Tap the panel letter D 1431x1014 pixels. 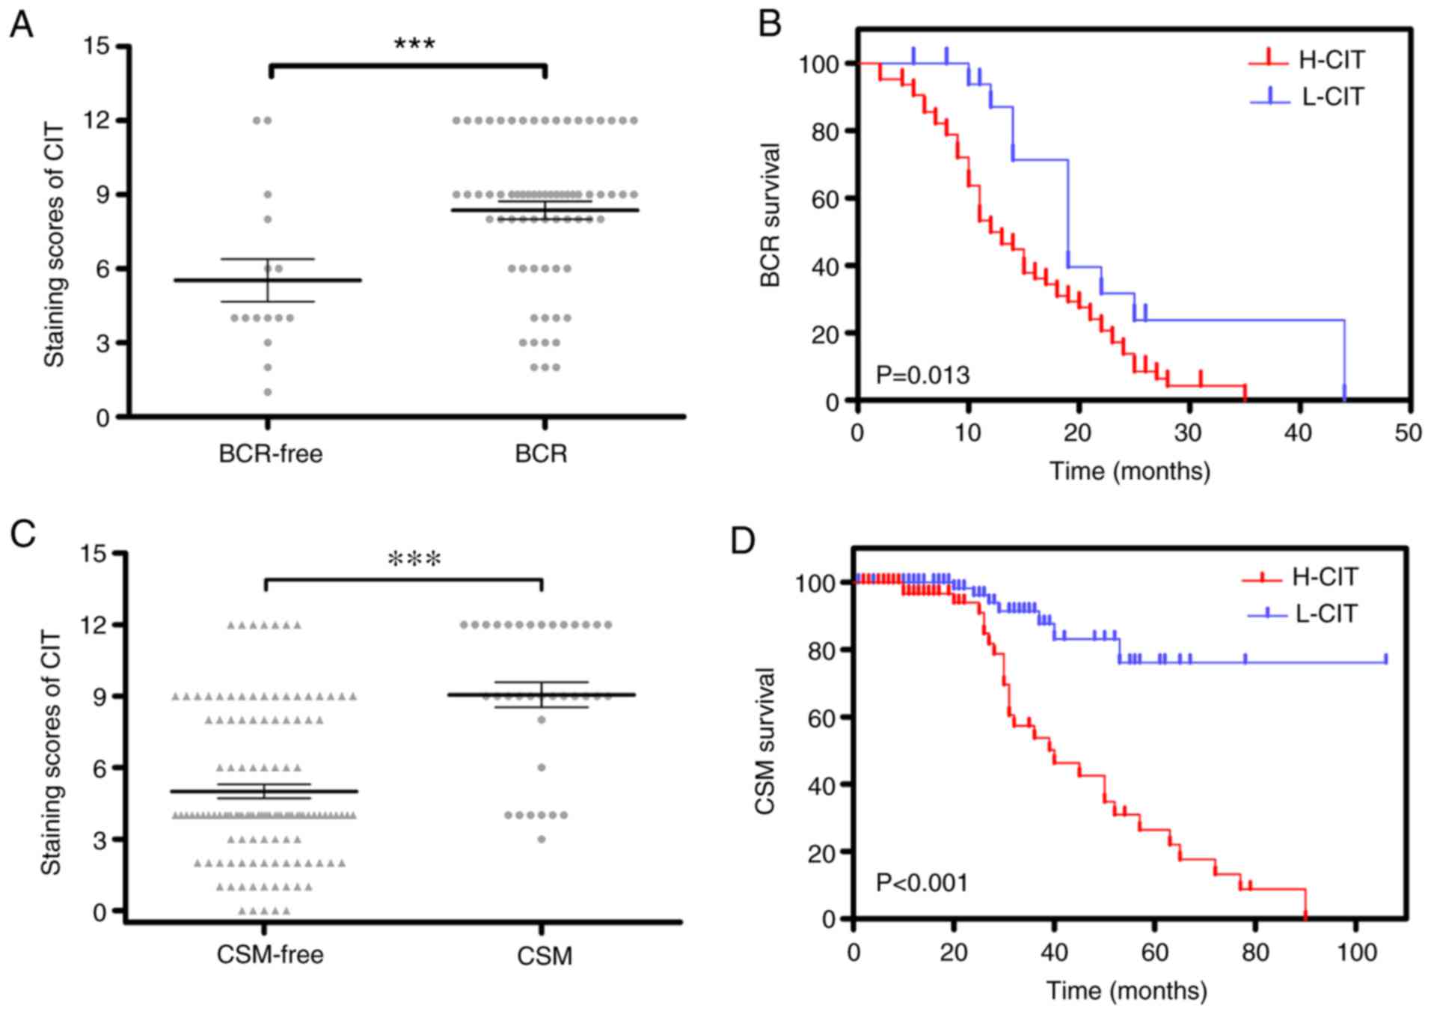point(743,540)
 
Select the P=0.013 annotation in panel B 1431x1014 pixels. point(922,374)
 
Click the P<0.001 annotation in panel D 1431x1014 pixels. point(922,883)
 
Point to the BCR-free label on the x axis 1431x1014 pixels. point(270,453)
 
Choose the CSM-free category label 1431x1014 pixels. point(270,955)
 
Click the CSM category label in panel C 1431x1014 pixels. point(545,956)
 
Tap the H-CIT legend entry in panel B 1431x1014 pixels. point(1332,60)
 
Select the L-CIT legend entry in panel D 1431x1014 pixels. point(1326,614)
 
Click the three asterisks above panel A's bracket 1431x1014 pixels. point(414,44)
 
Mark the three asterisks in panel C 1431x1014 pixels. point(414,560)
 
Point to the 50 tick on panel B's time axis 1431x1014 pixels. point(1409,433)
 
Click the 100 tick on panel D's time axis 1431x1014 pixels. point(1356,952)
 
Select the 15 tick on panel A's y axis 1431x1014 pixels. point(97,46)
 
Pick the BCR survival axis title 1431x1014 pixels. point(770,216)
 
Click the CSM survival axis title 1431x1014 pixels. point(764,741)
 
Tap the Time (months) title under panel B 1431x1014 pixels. point(1130,471)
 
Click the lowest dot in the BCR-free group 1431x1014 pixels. point(268,392)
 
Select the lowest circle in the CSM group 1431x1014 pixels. point(542,839)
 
